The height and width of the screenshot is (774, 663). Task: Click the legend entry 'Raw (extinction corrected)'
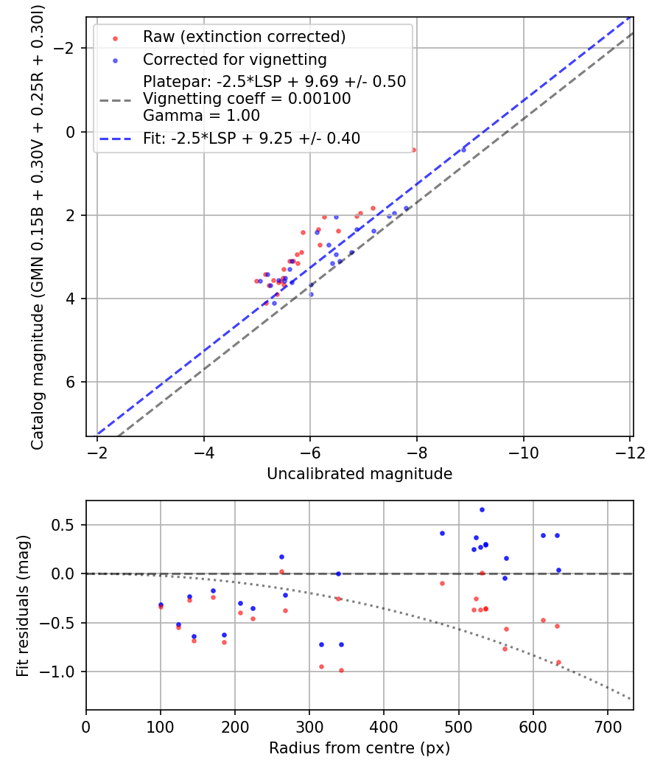tap(244, 37)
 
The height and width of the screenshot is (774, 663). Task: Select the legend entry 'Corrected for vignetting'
tap(234, 59)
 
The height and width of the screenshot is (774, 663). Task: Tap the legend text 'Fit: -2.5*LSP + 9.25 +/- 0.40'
tap(251, 138)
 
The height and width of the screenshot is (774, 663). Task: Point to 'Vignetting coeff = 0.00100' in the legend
tap(247, 99)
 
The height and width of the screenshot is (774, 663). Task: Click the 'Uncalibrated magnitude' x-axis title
tap(359, 473)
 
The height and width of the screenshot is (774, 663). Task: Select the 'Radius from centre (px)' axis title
tap(359, 748)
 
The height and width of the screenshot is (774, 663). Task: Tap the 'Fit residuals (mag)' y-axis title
tap(23, 605)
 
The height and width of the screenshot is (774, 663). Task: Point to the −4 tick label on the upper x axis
tap(204, 452)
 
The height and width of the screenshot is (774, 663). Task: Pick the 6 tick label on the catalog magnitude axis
tap(72, 382)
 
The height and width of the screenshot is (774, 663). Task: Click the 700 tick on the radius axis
tap(607, 727)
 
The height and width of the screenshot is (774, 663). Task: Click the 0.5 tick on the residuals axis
tap(66, 526)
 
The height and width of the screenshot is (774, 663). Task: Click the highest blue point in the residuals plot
tap(482, 509)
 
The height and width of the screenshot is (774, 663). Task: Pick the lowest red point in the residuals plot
tap(341, 670)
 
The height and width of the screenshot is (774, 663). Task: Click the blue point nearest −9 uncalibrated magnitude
tap(463, 150)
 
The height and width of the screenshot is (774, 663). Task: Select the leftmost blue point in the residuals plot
tap(161, 604)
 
